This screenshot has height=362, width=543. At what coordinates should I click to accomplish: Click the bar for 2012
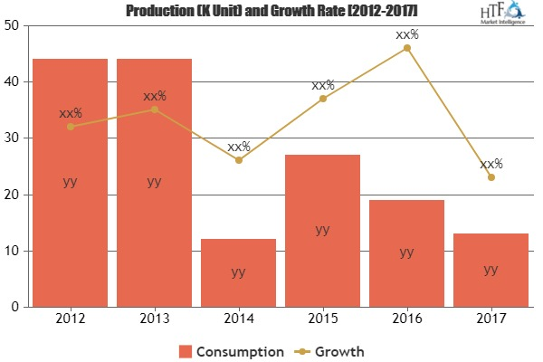tap(70, 182)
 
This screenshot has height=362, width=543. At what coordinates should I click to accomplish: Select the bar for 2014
tap(238, 272)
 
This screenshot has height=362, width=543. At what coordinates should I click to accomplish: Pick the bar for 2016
tap(406, 252)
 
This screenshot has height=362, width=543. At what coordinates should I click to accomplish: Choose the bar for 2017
tap(491, 270)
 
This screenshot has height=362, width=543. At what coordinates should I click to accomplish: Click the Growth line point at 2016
tap(406, 48)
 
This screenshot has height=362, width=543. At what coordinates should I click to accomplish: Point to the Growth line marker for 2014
tap(238, 160)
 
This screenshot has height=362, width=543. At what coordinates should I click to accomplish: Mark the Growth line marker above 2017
tap(491, 177)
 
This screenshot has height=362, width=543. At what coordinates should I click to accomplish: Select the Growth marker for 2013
tap(154, 110)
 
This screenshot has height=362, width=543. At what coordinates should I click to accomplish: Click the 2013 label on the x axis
tap(154, 319)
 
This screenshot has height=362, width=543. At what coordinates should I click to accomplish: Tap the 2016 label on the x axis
tap(406, 319)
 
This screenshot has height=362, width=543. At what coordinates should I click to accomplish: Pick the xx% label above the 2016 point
tap(406, 34)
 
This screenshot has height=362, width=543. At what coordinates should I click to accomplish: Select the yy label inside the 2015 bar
tap(322, 230)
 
